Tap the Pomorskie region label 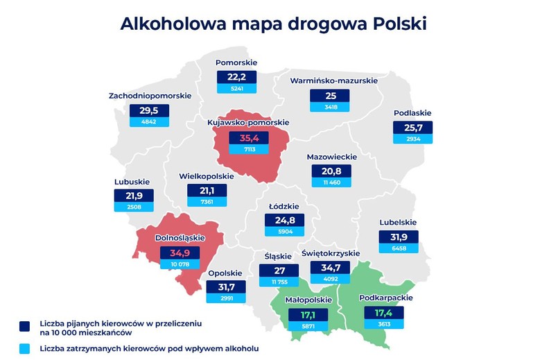[236, 62]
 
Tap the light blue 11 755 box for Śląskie [280, 282]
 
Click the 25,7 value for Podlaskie [413, 128]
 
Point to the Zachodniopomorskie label [150, 95]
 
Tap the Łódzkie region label [284, 206]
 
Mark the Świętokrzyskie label [331, 252]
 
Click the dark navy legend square [26, 326]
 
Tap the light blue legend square [26, 347]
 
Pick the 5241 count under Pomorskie [236, 89]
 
